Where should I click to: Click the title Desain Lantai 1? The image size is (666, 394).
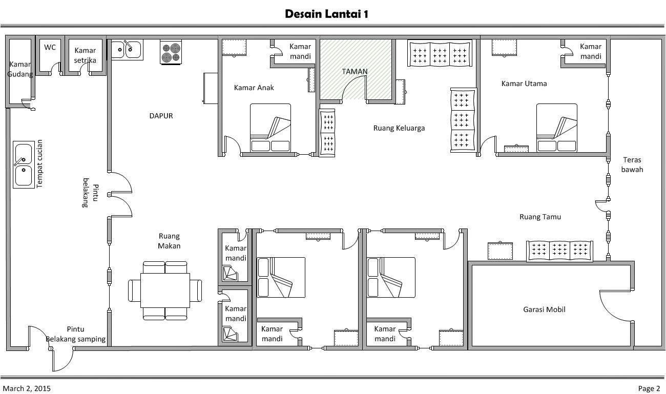click(326, 14)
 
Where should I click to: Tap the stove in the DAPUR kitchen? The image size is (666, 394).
click(171, 52)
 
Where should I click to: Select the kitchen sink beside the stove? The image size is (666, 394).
click(127, 49)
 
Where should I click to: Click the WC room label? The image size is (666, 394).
click(50, 47)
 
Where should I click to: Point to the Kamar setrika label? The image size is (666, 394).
click(85, 55)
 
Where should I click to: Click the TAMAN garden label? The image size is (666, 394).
click(355, 71)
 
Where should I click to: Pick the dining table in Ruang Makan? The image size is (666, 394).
click(165, 291)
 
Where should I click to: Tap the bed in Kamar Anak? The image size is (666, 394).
click(270, 128)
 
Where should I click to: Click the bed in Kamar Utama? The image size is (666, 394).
click(556, 128)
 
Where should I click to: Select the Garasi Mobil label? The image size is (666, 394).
click(544, 309)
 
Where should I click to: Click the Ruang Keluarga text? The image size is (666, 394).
click(399, 128)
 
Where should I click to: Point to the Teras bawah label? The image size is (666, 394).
click(632, 164)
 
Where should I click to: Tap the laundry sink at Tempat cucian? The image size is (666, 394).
click(24, 164)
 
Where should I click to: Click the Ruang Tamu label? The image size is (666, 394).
click(540, 217)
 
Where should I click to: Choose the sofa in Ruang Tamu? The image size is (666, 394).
click(559, 251)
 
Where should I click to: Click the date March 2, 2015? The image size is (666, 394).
click(27, 388)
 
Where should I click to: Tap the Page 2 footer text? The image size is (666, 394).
click(649, 388)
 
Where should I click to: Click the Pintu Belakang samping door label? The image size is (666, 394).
click(75, 334)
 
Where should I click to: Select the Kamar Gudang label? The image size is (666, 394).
click(20, 69)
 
